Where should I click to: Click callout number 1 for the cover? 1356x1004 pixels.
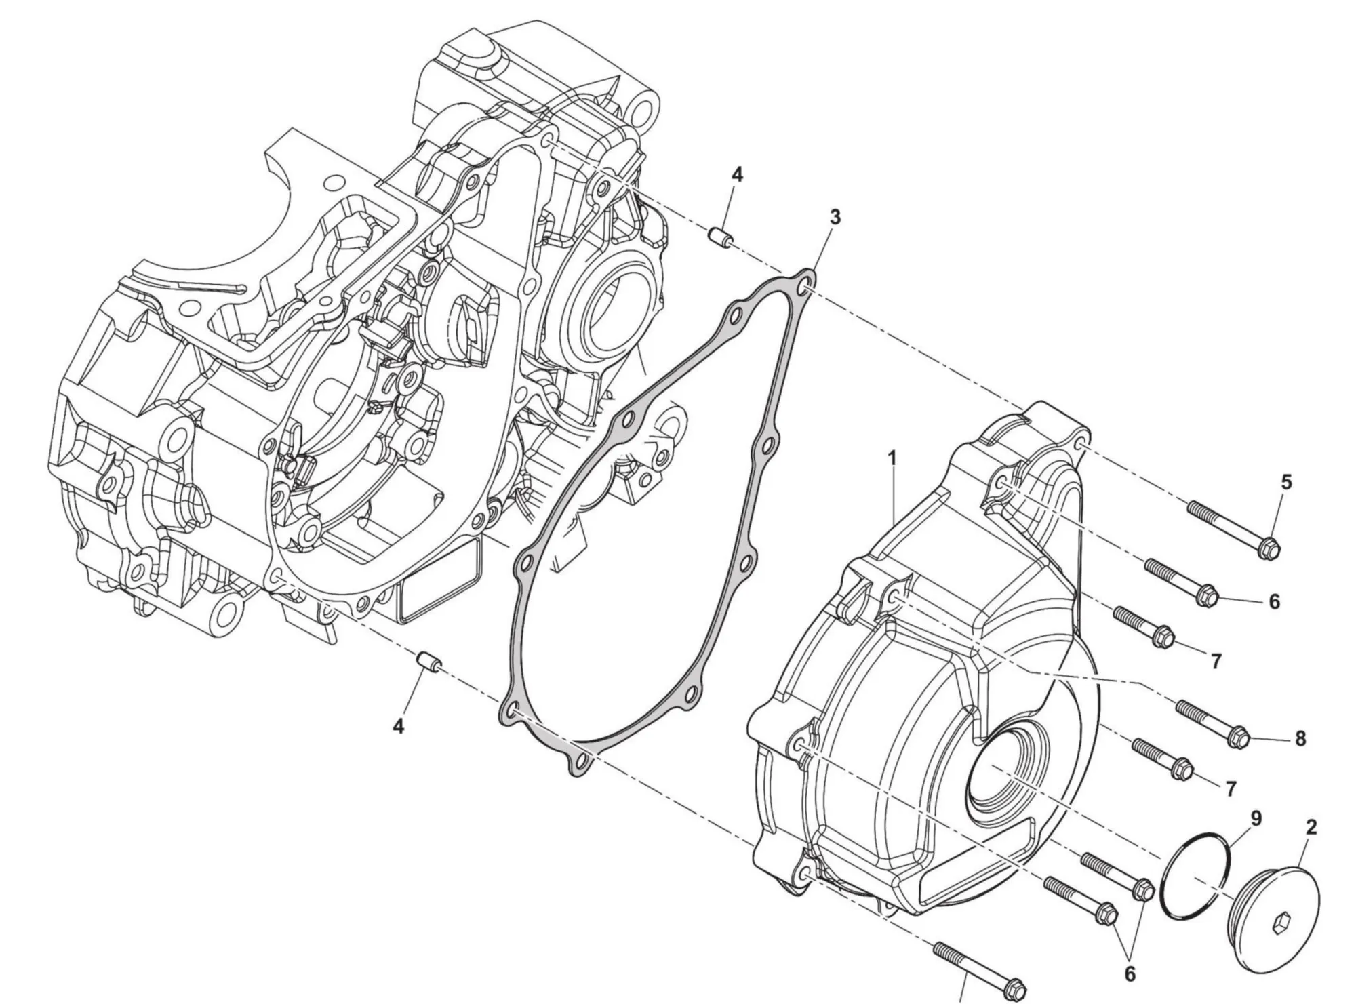(892, 459)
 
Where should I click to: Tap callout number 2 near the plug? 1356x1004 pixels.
(1311, 827)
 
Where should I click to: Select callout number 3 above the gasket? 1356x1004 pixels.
(835, 218)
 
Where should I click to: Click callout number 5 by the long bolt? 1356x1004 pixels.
(1286, 482)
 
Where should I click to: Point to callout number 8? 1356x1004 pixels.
(1300, 739)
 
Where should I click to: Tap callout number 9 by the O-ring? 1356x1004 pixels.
(1256, 819)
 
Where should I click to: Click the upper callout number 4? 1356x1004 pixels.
(737, 175)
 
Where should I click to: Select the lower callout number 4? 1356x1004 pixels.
(399, 727)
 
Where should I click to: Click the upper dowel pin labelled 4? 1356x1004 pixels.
(718, 239)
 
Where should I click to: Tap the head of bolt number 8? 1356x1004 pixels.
(1237, 737)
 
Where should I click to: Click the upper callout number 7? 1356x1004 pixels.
(1216, 661)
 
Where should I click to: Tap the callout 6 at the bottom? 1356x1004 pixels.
(1130, 973)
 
